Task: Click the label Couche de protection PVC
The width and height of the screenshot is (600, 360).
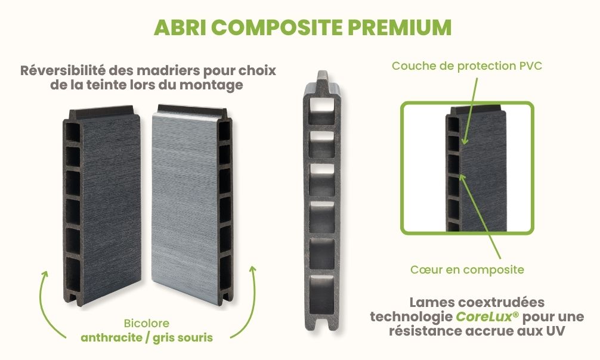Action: [x=466, y=66]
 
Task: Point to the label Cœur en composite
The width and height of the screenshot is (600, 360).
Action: [x=467, y=269]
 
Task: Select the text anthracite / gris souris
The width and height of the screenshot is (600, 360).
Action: [x=147, y=337]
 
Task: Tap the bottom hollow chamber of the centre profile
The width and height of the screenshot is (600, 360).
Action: [x=321, y=292]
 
